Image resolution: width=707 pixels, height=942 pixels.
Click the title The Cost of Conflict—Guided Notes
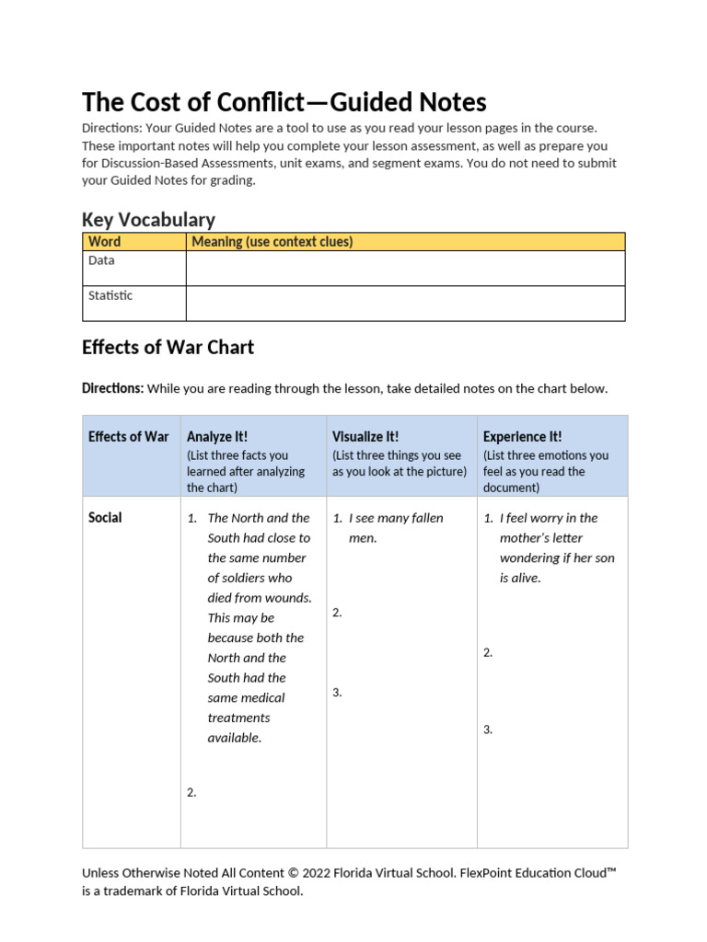coord(284,101)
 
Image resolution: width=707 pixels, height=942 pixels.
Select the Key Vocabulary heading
coord(148,220)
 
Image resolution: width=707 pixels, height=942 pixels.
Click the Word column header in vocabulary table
coord(104,242)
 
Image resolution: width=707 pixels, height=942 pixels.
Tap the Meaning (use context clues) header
coord(272,242)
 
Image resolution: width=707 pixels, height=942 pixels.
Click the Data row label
coord(101,260)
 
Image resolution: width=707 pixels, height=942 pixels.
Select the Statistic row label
coord(110,295)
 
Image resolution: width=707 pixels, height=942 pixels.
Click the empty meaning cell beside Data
coord(405,268)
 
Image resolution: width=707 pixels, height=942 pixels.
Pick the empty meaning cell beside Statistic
coord(405,303)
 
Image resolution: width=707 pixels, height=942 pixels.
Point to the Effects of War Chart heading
coord(168,348)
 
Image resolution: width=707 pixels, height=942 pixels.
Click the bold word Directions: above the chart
coord(112,388)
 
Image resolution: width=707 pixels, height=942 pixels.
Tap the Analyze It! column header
coord(217,437)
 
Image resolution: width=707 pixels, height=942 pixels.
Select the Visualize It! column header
coord(365,437)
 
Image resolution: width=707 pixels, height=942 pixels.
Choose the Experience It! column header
coord(522,437)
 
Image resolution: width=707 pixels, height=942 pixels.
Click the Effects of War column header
coord(129,437)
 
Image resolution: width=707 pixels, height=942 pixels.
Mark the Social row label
coord(105,518)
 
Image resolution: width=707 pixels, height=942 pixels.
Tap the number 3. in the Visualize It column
coord(338,693)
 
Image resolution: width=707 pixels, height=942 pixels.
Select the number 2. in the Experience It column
coord(489,652)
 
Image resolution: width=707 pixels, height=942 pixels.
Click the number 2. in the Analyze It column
coord(191,792)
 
